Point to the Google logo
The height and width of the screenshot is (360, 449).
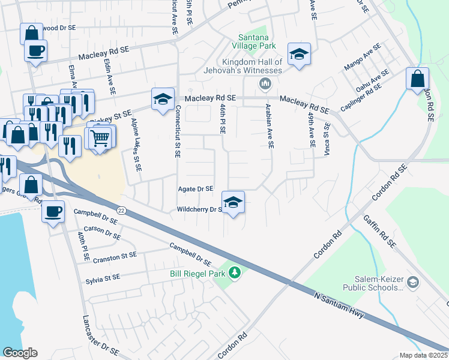[x=20, y=353]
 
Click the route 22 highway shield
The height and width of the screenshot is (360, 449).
[x=121, y=209]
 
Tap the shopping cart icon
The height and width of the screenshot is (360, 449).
[x=101, y=138]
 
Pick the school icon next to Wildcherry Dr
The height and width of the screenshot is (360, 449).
[x=234, y=202]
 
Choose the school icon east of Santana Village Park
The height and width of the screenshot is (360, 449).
[x=298, y=55]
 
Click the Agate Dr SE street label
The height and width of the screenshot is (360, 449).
[x=196, y=188]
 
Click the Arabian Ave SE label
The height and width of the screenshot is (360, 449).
[x=270, y=126]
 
